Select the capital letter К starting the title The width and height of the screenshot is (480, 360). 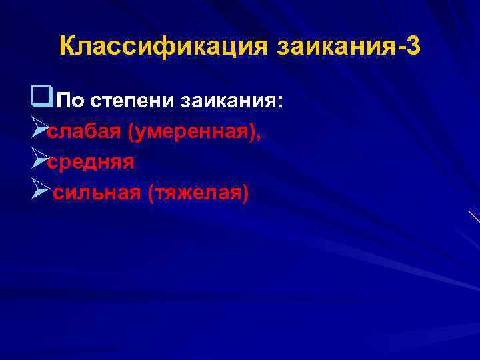point(67,47)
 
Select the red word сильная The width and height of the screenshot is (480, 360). point(97,194)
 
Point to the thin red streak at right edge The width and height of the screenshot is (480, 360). point(474,217)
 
